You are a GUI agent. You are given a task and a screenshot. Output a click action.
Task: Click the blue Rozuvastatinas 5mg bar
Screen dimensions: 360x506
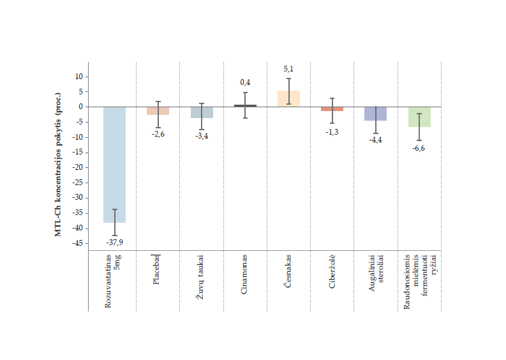(115, 164)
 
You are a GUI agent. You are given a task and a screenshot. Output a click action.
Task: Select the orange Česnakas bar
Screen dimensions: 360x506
(288, 98)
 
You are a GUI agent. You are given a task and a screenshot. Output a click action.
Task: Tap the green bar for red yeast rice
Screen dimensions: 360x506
(419, 117)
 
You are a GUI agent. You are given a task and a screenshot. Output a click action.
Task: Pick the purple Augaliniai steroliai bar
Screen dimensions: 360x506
(375, 114)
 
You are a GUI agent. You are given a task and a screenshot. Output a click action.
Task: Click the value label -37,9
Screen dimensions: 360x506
(115, 243)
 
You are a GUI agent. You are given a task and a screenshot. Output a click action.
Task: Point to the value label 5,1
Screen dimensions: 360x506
(288, 69)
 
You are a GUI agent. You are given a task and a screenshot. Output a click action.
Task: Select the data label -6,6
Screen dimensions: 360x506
(419, 147)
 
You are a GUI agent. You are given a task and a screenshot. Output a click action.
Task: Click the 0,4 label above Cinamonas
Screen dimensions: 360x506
(245, 82)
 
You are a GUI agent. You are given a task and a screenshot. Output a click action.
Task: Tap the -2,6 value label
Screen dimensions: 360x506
(158, 133)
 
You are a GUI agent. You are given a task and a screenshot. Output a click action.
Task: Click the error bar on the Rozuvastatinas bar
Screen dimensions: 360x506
(115, 222)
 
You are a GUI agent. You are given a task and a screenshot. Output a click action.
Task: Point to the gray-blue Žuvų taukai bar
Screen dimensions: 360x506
(202, 112)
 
